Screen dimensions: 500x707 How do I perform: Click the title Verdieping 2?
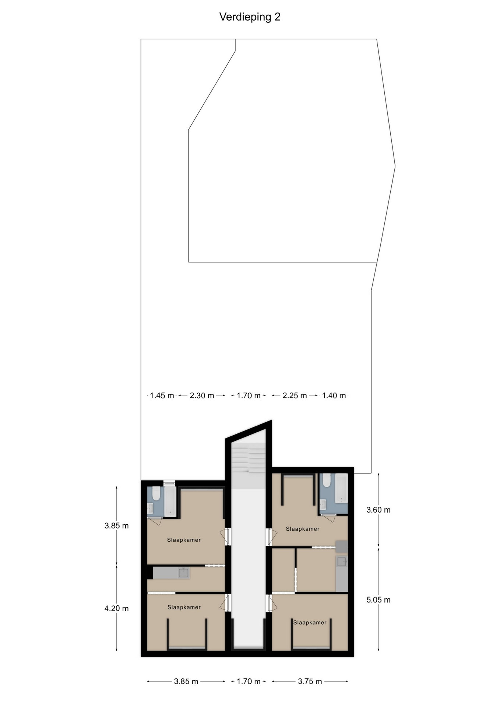click(250, 17)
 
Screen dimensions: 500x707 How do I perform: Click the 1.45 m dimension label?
click(162, 395)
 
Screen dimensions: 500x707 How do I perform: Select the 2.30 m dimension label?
click(202, 395)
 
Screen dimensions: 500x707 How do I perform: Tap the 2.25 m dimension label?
click(295, 395)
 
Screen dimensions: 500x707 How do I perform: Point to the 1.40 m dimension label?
click(334, 395)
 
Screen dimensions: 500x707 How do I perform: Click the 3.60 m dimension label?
click(378, 510)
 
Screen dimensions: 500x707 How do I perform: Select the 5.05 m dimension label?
click(378, 600)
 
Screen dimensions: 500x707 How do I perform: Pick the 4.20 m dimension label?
click(117, 608)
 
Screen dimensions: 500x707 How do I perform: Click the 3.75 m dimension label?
click(310, 682)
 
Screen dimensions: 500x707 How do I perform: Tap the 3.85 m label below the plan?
click(186, 682)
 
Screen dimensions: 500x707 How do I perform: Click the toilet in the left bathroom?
click(156, 493)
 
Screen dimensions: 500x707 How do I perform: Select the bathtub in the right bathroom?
click(341, 489)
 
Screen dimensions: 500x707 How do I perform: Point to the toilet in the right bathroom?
click(327, 480)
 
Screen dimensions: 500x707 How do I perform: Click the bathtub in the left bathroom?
click(170, 501)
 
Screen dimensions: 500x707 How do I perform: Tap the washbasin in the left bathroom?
click(150, 509)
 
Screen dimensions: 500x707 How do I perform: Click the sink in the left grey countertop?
click(183, 573)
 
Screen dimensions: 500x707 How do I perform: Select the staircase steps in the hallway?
click(249, 458)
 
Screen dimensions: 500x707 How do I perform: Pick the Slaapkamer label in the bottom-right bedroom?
click(310, 623)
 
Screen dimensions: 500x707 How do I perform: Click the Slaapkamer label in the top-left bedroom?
click(184, 540)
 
